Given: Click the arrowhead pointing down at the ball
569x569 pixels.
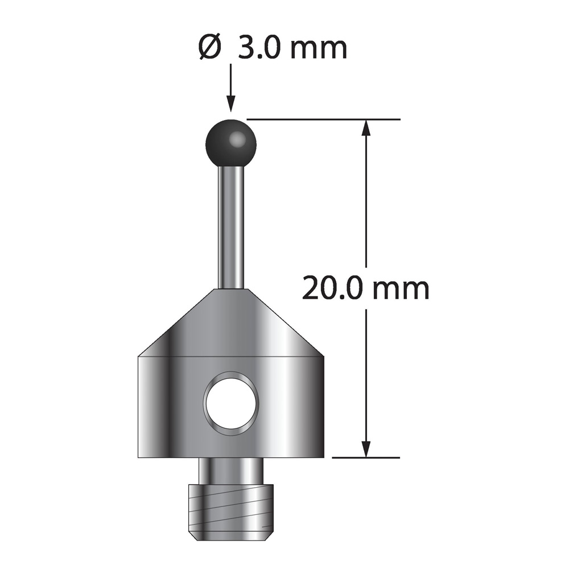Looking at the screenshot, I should tap(230, 104).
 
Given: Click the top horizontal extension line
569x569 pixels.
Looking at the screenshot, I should tap(324, 119).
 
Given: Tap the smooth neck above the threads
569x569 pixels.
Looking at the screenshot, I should tap(231, 471).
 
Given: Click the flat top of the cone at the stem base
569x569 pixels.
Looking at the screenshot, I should tap(230, 290).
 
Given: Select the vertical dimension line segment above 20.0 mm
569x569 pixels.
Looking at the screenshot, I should tap(366, 199).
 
